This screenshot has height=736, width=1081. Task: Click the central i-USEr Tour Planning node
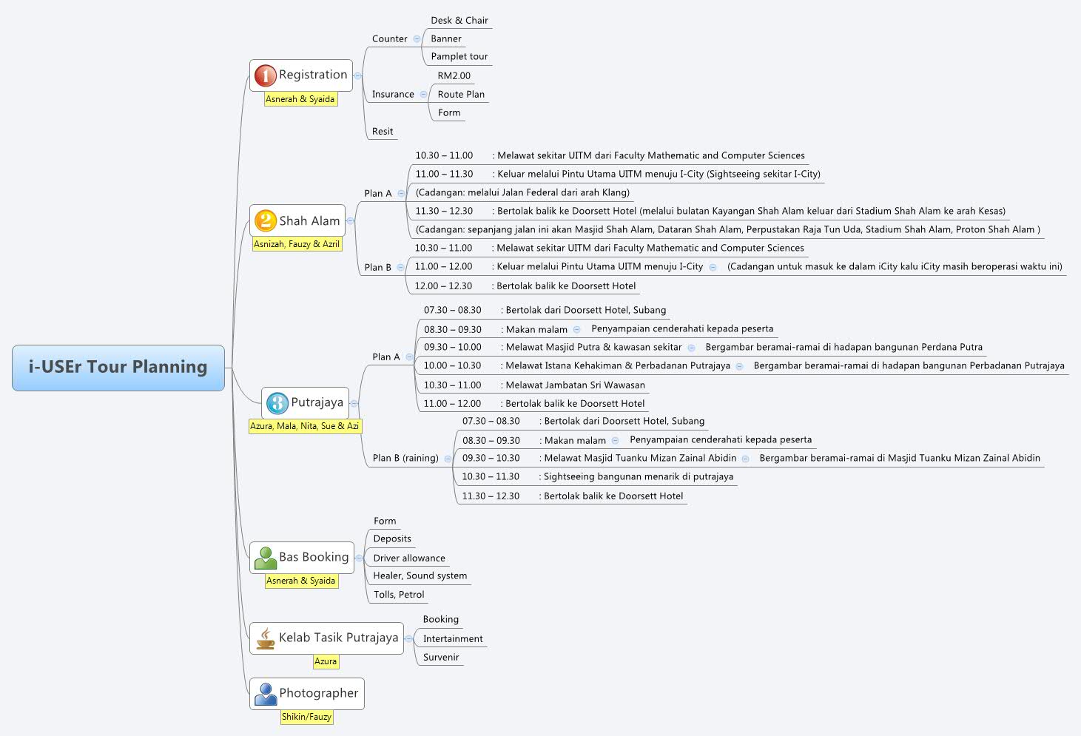pos(118,367)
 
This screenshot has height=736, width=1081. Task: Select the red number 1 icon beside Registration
pos(265,75)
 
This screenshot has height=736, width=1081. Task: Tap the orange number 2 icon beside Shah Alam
pos(265,220)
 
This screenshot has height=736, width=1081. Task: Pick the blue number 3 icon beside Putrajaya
pos(277,403)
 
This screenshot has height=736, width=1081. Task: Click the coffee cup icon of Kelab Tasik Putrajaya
pos(265,638)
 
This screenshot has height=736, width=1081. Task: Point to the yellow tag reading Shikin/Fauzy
pos(306,717)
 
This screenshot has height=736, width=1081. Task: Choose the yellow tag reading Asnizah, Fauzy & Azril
pos(297,244)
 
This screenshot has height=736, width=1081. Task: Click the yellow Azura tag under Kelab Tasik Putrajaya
pos(326,661)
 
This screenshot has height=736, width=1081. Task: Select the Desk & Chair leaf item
pos(459,21)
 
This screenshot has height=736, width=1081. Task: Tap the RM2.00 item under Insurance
pos(454,75)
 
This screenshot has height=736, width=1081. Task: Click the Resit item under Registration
pos(383,132)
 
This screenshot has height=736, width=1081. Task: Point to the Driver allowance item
pos(409,558)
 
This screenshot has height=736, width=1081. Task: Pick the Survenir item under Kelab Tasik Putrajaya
pos(441,657)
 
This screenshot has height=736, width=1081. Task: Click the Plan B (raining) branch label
pos(405,458)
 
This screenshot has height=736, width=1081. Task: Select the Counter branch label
pos(389,38)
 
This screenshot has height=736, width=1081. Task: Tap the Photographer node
pos(318,693)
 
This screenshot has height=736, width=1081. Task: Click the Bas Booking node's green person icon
pos(265,558)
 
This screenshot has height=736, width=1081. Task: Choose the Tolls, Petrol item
pos(399,595)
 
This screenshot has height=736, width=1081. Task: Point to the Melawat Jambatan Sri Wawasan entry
pos(575,385)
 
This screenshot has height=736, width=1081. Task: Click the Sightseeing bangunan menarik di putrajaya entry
pos(639,477)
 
